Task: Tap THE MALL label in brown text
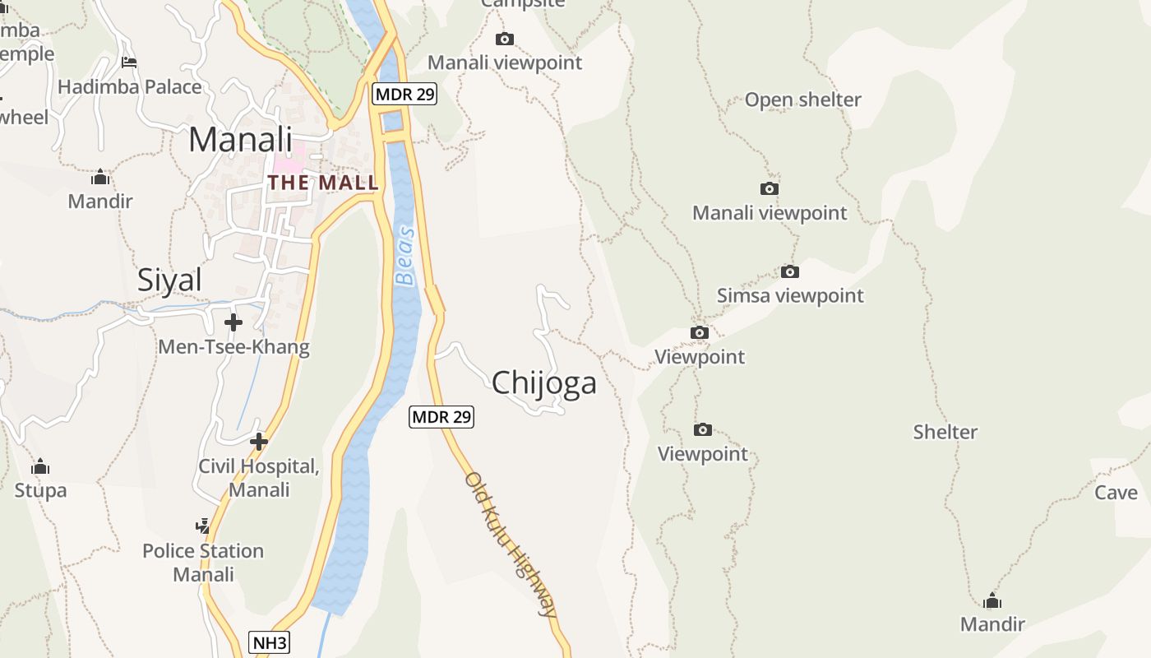pos(323,183)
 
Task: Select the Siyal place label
pos(169,280)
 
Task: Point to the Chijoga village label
pos(543,383)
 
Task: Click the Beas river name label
pos(405,256)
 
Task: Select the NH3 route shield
pos(270,642)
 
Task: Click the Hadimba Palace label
pos(130,87)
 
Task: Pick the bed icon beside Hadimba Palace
pos(129,62)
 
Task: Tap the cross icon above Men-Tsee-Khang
pos(233,322)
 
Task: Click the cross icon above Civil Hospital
pos(259,442)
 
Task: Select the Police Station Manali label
pos(203,562)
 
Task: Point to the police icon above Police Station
pos(202,526)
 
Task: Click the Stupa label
pos(40,491)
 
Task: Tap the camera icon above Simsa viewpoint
pos(790,271)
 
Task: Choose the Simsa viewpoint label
pos(790,295)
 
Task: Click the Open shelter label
pos(802,100)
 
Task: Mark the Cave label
pos(1116,493)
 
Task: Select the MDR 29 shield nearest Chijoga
pos(441,417)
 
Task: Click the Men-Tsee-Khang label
pos(233,347)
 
